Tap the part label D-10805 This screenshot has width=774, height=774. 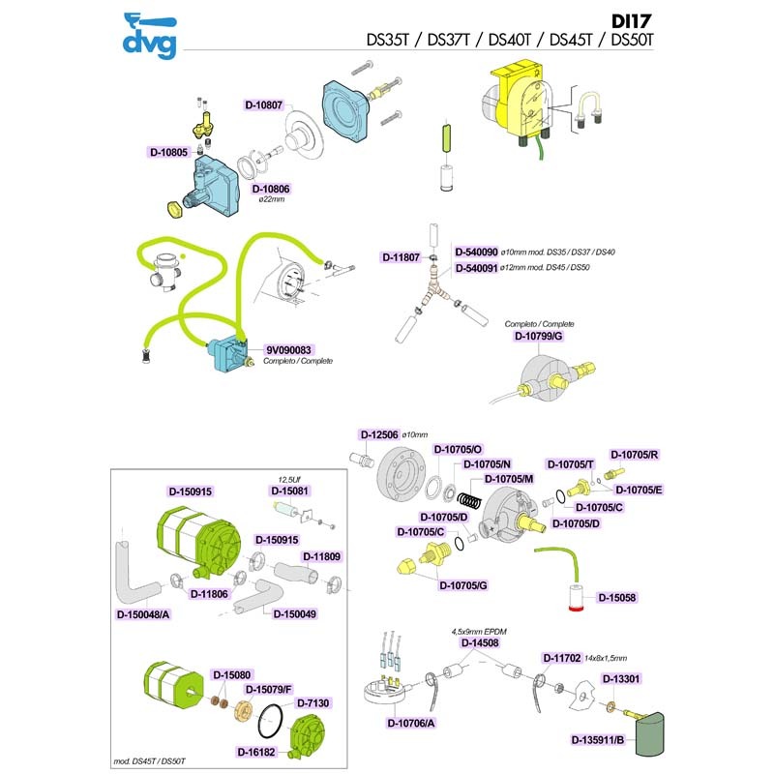167,152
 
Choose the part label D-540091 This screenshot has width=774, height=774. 475,267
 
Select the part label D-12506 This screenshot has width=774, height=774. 379,434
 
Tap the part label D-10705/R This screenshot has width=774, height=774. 635,454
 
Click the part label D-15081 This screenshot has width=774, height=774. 289,491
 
